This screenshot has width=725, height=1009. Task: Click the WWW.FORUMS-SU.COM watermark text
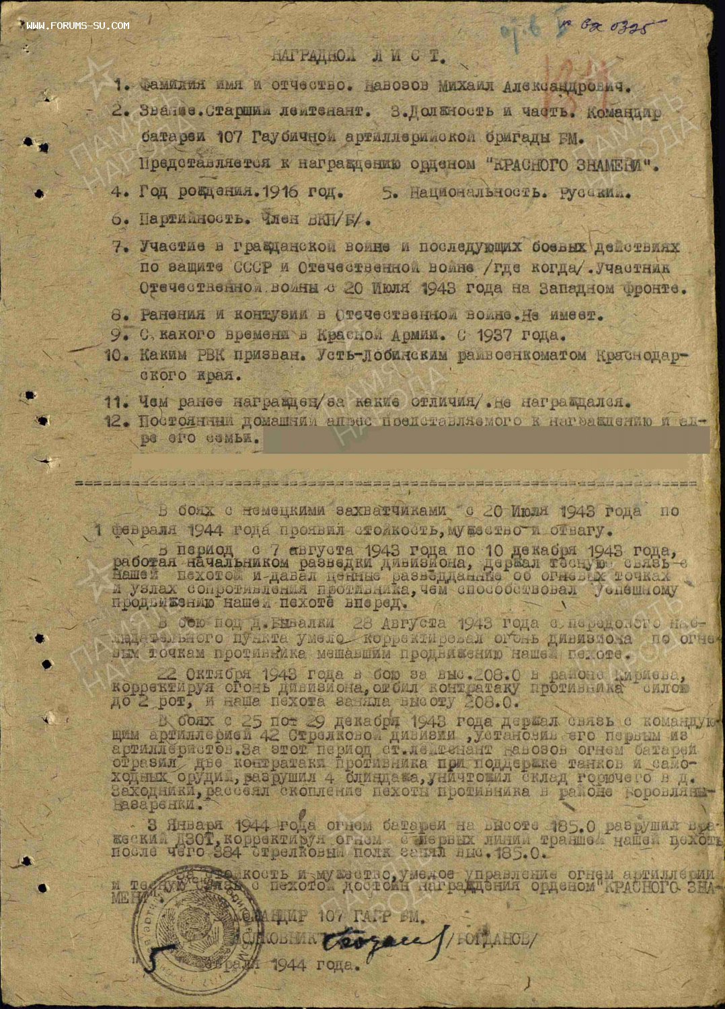(x=78, y=26)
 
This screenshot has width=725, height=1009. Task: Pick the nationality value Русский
(x=595, y=192)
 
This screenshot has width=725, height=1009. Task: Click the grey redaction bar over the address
(x=484, y=440)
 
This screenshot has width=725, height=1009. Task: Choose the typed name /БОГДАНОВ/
(x=495, y=939)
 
